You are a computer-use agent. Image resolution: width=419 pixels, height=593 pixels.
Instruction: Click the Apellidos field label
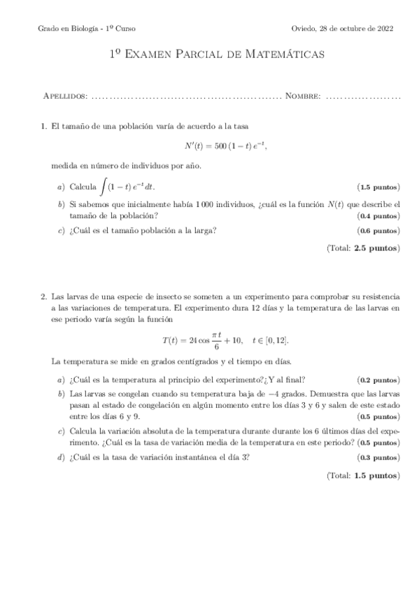[x=65, y=95]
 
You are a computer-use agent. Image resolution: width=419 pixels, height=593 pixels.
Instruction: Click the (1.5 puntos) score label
[x=378, y=187]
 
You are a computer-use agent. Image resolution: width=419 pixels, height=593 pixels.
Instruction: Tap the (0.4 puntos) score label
[x=378, y=216]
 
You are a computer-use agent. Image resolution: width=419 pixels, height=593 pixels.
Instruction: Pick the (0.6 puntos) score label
[x=378, y=231]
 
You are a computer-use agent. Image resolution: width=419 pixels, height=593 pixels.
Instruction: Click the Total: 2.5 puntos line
[x=362, y=248]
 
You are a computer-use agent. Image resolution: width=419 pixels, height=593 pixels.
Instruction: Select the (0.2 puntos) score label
[x=378, y=380]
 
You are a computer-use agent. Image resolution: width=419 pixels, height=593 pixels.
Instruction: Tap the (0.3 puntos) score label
[x=378, y=457]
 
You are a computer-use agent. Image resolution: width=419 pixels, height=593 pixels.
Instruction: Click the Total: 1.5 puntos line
[x=362, y=475]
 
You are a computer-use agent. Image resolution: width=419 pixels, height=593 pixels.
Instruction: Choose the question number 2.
[x=43, y=296]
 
